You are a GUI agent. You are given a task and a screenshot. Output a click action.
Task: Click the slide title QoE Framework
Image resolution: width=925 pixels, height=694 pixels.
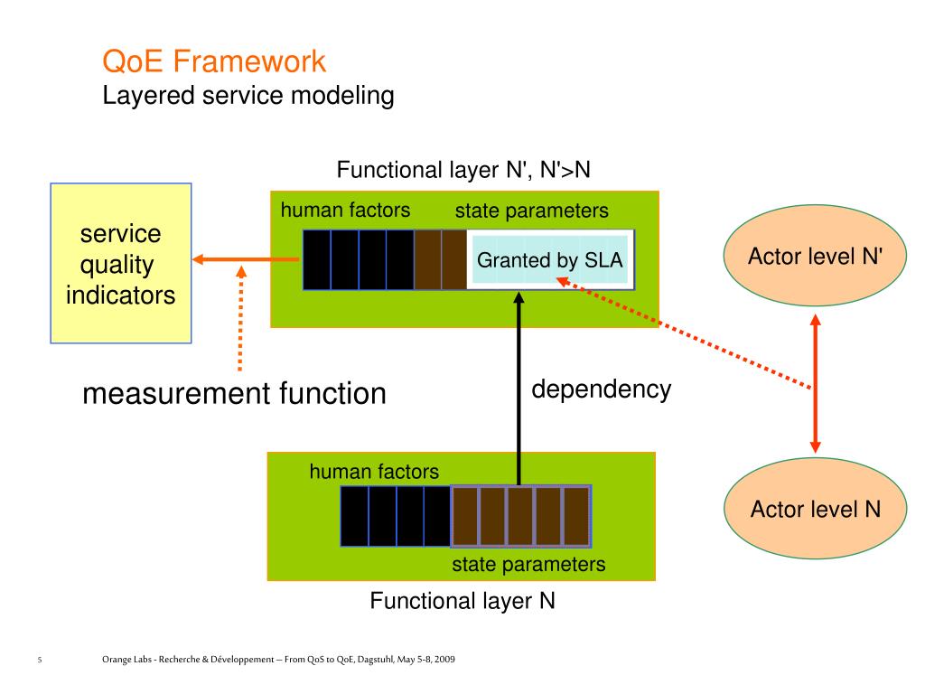point(213,61)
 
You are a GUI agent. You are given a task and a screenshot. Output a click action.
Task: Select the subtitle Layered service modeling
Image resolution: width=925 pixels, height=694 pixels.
point(248,95)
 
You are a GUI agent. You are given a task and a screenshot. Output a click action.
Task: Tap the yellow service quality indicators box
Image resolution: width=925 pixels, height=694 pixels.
point(121,263)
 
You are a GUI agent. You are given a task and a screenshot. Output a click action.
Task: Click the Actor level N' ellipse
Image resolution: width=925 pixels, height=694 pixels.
point(815,257)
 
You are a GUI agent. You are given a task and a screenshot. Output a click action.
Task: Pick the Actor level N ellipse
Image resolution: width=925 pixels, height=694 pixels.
point(815,510)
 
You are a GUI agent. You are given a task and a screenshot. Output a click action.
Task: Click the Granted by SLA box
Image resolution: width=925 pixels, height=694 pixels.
point(549,260)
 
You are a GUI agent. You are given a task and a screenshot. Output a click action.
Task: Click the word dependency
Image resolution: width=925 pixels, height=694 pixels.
point(601,389)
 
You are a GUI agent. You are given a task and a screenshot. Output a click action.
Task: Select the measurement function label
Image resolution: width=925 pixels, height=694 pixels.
point(234,394)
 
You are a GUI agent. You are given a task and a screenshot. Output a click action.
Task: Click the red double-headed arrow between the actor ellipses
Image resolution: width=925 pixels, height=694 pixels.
point(815,383)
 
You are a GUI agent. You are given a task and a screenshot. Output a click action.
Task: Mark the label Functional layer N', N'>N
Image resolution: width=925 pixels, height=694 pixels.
point(463,170)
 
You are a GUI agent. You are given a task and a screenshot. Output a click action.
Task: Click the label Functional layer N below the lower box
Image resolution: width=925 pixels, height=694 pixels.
point(462,601)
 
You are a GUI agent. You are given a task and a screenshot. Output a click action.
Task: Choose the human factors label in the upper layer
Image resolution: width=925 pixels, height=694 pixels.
point(345,211)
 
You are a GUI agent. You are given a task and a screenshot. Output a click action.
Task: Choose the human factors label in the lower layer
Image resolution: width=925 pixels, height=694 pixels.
point(374,471)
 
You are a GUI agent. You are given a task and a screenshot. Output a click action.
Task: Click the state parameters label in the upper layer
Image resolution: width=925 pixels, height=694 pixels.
point(531,211)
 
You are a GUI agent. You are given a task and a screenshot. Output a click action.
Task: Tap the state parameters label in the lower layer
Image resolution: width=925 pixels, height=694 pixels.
point(528,565)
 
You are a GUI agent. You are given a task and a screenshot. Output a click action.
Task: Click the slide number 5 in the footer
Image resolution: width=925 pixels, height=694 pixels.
point(40,661)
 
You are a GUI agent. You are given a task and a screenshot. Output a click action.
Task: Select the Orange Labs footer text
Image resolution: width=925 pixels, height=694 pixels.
point(278,661)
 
